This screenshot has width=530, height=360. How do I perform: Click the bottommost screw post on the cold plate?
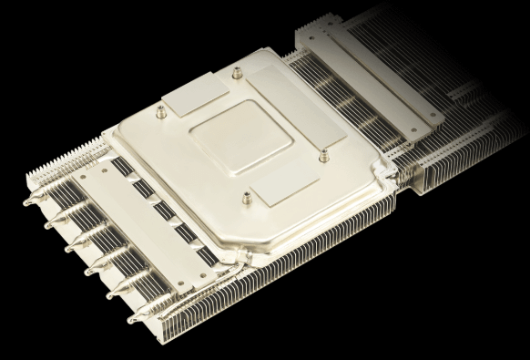243,195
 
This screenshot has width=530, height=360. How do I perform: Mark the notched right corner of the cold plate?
386,172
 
